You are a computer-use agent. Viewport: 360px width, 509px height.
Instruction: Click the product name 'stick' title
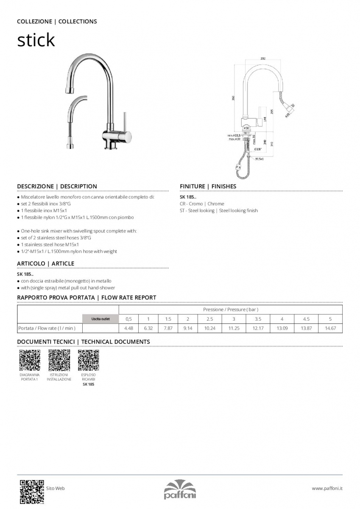36,40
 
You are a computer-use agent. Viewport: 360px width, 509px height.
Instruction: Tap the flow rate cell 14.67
330,328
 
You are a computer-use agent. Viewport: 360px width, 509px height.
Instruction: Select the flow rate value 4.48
129,328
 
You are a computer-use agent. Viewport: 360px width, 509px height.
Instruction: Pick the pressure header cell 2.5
209,319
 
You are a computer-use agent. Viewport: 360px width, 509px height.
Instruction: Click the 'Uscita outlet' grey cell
100,319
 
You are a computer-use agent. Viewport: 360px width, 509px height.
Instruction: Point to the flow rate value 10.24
209,328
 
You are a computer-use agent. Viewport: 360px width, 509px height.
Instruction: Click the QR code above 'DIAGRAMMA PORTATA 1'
30,360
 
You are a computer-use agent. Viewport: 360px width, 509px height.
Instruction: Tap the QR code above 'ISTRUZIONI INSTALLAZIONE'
59,360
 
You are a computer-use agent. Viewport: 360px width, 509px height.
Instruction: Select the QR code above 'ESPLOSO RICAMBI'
88,360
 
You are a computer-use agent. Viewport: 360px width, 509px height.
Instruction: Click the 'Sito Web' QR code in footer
32,491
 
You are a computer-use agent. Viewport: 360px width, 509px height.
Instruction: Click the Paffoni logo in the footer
180,489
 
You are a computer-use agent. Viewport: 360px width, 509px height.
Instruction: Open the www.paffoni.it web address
327,489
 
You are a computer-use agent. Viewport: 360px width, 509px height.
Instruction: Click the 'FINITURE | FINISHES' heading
208,186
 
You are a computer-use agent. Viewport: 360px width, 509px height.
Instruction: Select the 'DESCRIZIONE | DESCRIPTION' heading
57,186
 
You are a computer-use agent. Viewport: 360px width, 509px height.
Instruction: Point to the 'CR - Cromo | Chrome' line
202,204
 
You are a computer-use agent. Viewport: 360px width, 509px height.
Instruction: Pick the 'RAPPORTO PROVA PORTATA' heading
56,298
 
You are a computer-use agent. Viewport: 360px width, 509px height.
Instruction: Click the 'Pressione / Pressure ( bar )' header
231,310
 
